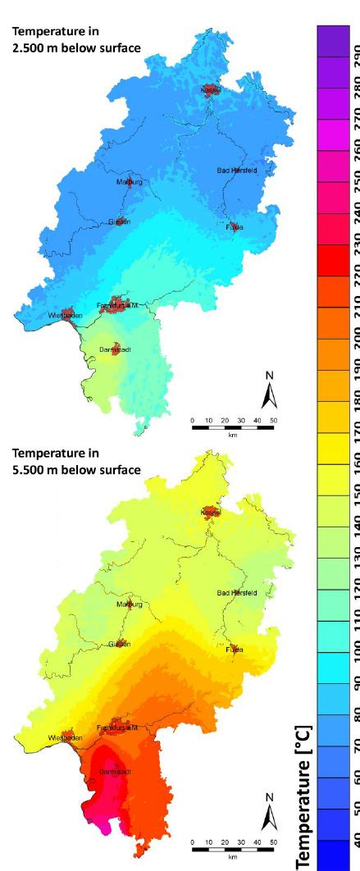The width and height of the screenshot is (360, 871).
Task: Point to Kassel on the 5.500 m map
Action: [x=211, y=512]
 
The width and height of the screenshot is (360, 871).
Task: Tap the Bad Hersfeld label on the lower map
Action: [x=236, y=592]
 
